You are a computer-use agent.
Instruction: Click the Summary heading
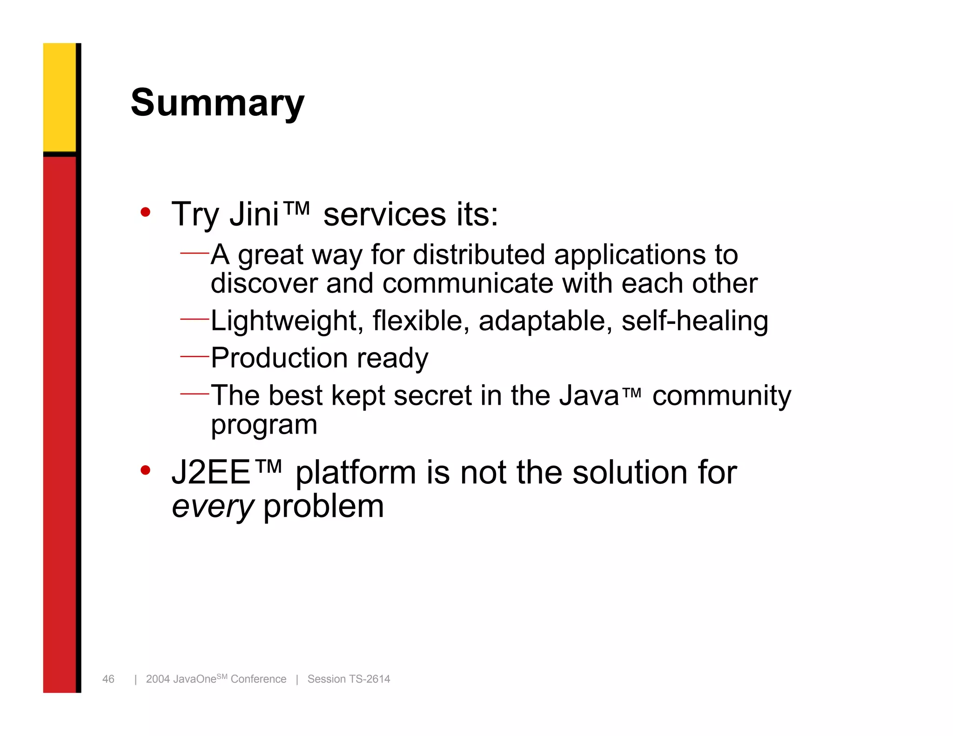pos(217,103)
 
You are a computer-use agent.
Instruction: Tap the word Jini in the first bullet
pos(254,214)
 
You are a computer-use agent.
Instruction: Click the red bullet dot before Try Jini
pos(146,213)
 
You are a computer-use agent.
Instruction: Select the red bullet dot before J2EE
pos(146,470)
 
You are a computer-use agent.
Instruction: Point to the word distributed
pos(479,255)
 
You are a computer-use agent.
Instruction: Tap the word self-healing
pos(694,321)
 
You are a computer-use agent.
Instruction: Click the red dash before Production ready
pos(195,357)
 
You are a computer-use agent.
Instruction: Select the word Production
pos(279,358)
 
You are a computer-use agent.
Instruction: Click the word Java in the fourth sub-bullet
pos(589,395)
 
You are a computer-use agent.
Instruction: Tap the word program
pos(264,425)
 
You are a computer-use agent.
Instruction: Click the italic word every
pos(213,507)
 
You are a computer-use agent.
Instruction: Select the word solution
pos(630,473)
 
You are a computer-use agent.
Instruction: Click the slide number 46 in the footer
pos(108,679)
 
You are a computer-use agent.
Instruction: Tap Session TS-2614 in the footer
pos(349,679)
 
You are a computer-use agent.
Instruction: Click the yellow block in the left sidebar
pos(60,97)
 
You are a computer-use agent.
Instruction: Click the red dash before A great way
pos(195,254)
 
